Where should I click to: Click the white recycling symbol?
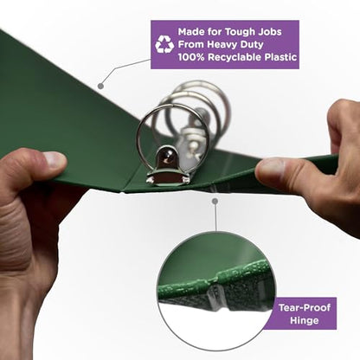pos(164,44)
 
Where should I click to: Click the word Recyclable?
pos(235,57)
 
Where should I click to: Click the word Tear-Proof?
pos(305,307)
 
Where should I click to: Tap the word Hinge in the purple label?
pos(305,320)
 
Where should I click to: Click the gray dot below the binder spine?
pos(215,201)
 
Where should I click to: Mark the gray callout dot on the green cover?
pos(100,86)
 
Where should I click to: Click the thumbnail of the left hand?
pos(55,159)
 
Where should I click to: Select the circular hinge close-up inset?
pos(216,291)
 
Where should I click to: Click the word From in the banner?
pos(191,44)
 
